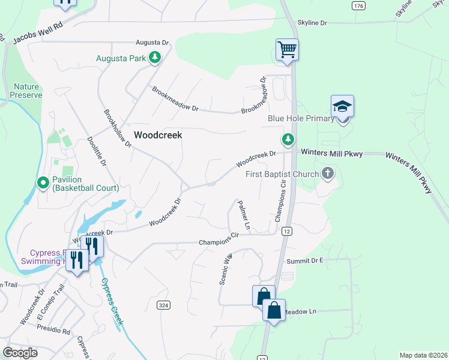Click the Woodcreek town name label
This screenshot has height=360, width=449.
coord(158,135)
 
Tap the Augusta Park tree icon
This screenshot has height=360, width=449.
coord(155,58)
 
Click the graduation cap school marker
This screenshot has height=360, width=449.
coord(342,106)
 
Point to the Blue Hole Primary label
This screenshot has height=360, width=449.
coord(301,118)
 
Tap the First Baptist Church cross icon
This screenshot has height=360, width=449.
coord(327,174)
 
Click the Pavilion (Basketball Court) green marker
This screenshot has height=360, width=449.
coord(43,182)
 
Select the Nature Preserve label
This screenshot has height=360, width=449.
coord(28,91)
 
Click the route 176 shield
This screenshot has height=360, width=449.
coord(358,5)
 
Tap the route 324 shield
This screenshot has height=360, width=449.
coord(162,305)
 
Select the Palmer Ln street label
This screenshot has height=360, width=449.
coord(243,215)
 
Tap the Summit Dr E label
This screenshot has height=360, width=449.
coord(304,260)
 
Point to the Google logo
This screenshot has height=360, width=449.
coord(20,353)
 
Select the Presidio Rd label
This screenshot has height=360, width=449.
coord(54,331)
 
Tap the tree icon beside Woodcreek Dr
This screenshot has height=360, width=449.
coord(288,139)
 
